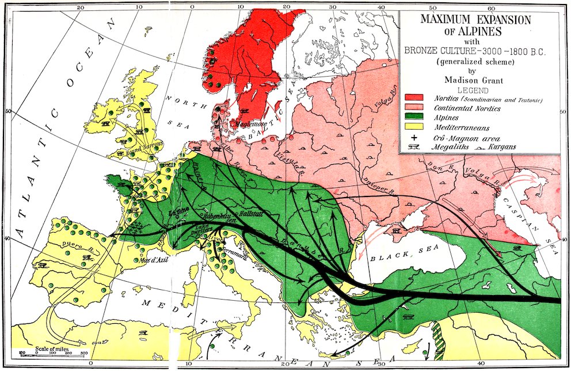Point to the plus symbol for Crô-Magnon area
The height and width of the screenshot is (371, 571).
(414, 138)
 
